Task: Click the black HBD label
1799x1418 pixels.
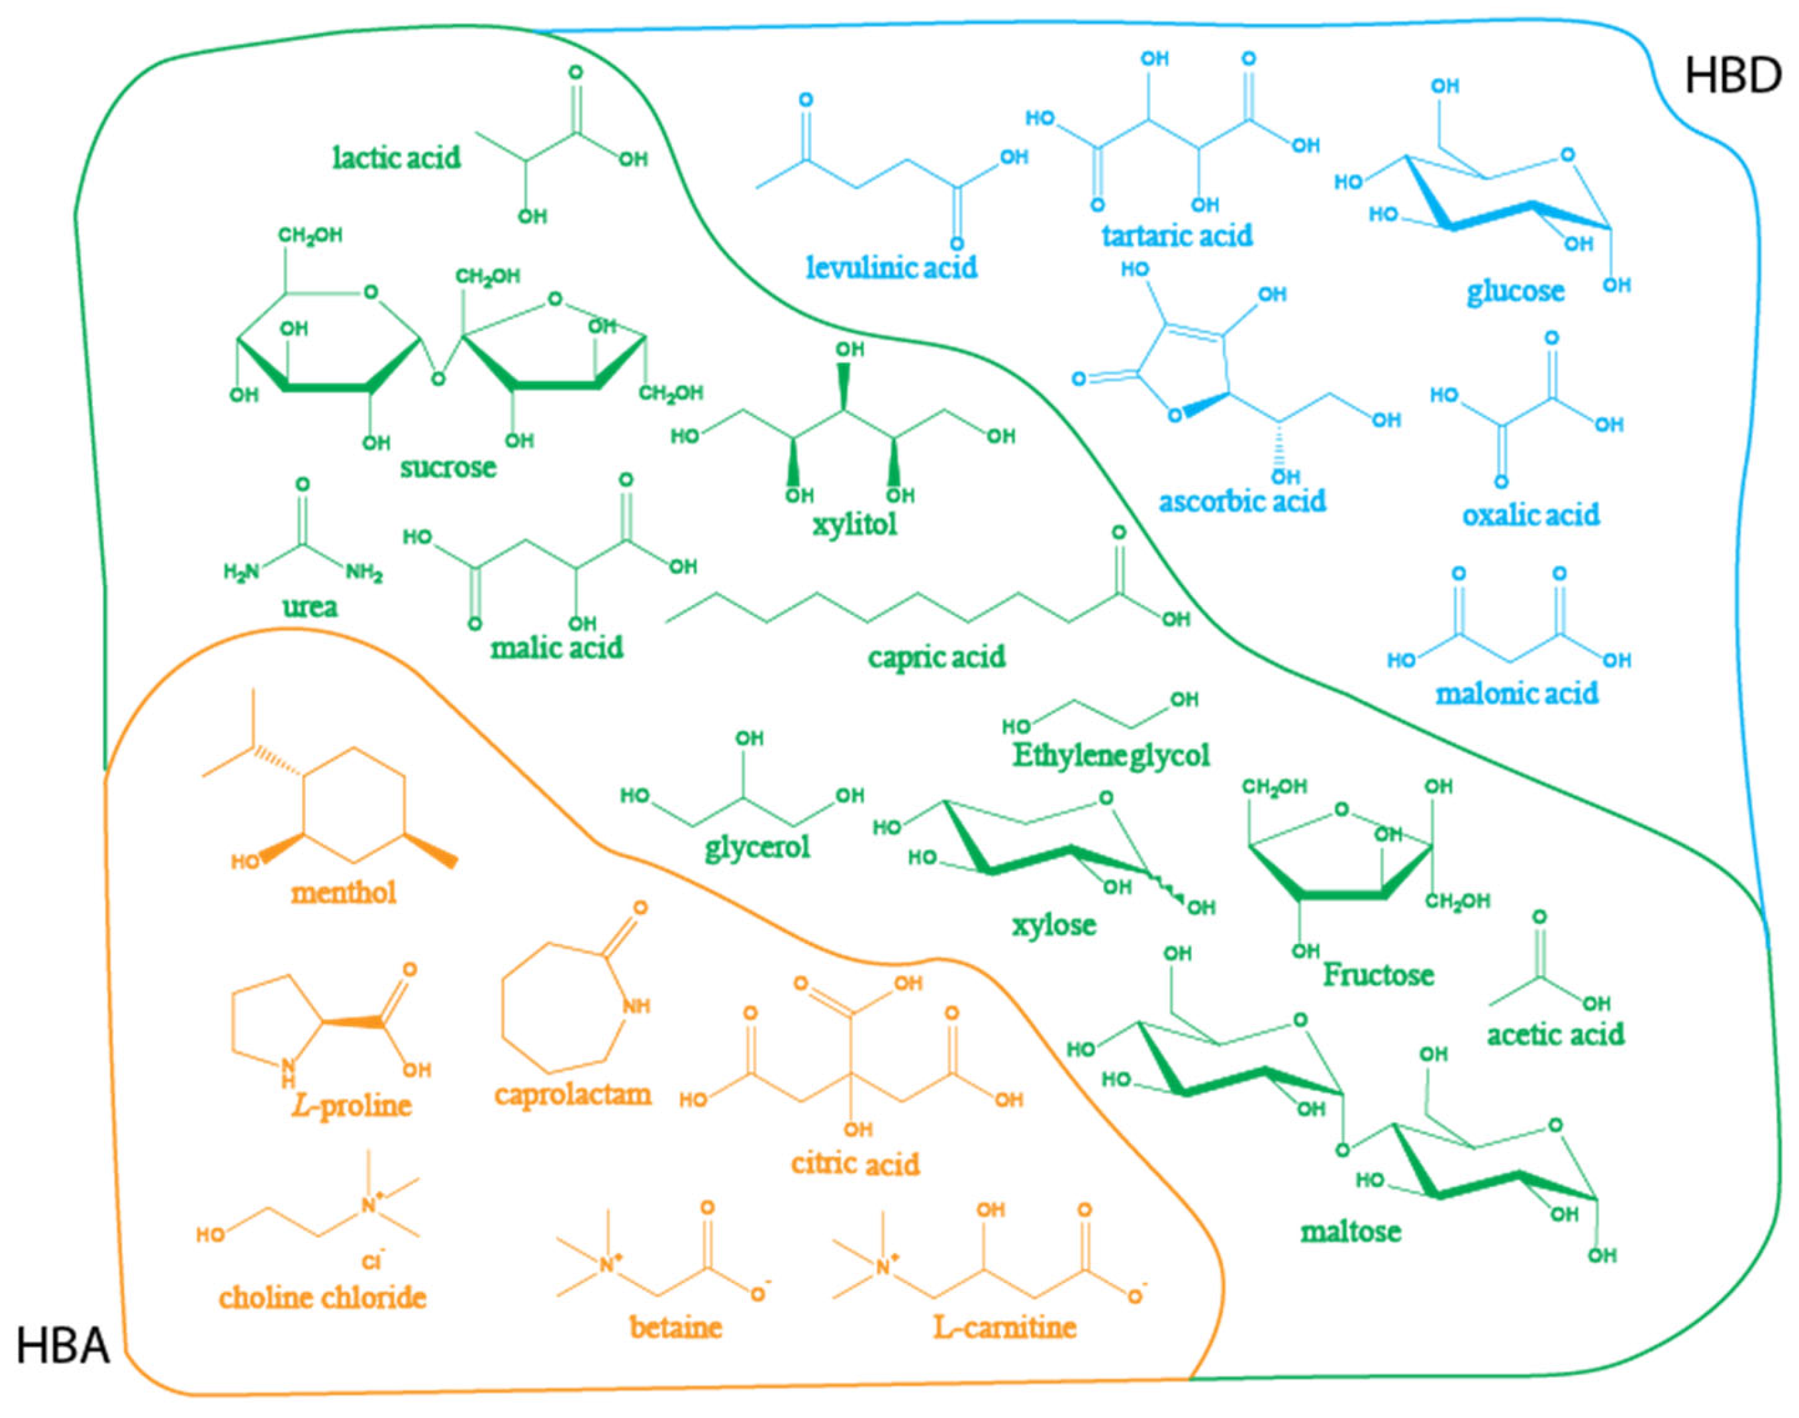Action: coord(1733,76)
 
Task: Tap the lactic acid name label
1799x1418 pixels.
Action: coord(396,158)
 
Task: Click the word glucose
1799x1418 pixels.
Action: coord(1515,291)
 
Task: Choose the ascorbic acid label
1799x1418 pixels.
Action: coord(1242,501)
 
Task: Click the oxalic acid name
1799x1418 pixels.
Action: coord(1530,515)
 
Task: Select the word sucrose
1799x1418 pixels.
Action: coord(448,467)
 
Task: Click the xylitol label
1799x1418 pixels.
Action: coord(854,525)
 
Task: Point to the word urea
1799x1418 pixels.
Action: coord(310,607)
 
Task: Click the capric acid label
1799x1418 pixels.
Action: coord(936,657)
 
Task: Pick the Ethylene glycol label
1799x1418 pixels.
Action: coord(1111,755)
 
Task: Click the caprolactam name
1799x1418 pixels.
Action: coord(573,1094)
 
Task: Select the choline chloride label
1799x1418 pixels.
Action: coord(322,1298)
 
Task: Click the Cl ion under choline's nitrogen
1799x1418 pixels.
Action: coord(371,1262)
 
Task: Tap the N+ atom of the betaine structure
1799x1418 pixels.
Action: coord(610,1264)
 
